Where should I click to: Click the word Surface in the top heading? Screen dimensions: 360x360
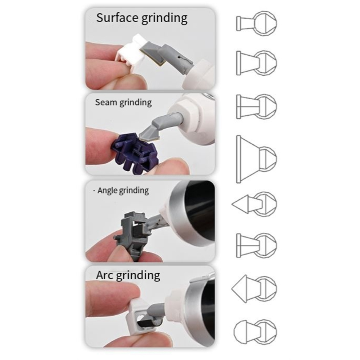click(x=117, y=18)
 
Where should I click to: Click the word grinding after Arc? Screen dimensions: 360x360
click(x=138, y=276)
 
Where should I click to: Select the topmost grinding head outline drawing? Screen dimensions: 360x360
click(x=257, y=23)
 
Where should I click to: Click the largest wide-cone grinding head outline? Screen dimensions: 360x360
click(x=257, y=159)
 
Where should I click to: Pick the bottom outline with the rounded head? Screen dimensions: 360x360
click(x=255, y=331)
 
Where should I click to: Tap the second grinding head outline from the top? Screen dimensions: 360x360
click(x=257, y=63)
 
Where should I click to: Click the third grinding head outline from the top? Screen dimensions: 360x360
click(x=257, y=107)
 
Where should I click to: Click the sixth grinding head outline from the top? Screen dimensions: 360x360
click(x=257, y=245)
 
